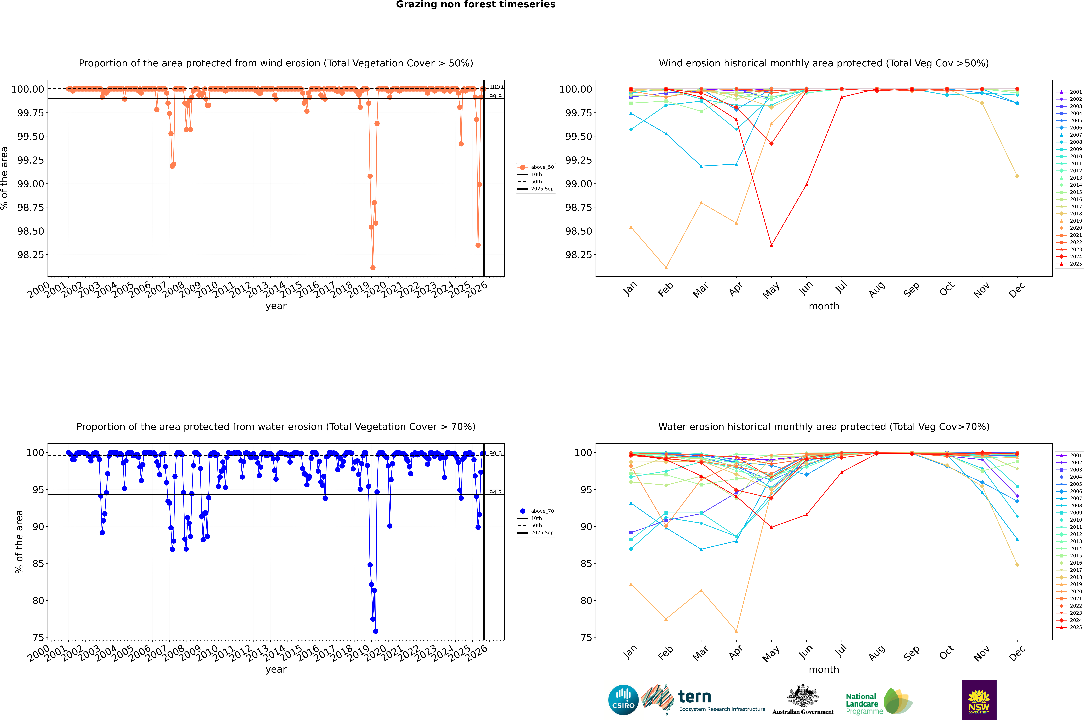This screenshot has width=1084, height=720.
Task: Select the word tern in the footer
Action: [x=695, y=697]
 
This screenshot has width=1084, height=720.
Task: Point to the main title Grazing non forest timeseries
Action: [x=476, y=5]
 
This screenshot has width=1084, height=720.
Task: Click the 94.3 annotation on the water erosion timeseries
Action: [x=495, y=493]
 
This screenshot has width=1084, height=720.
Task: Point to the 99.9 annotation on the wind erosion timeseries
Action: [x=495, y=96]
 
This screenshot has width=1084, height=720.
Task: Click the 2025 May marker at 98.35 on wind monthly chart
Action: [x=771, y=245]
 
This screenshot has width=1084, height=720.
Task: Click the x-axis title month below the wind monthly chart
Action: [x=823, y=306]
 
